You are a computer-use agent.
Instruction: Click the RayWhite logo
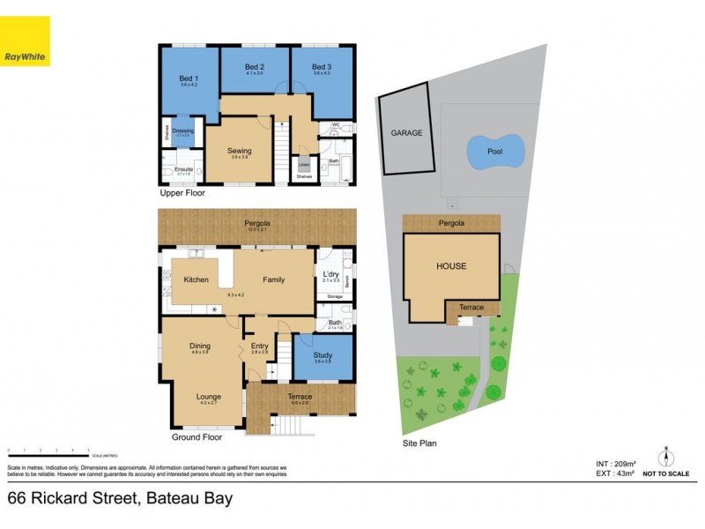pyautogui.click(x=25, y=41)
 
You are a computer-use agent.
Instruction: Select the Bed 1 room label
pyautogui.click(x=189, y=80)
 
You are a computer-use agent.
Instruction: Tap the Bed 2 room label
pyautogui.click(x=255, y=68)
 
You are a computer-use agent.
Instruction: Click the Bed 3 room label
pyautogui.click(x=323, y=68)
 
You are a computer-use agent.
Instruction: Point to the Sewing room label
pyautogui.click(x=239, y=151)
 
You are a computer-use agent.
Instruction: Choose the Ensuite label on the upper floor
pyautogui.click(x=183, y=169)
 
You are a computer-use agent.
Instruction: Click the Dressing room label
pyautogui.click(x=183, y=131)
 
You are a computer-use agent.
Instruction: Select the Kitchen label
pyautogui.click(x=195, y=279)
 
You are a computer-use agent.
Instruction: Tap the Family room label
pyautogui.click(x=274, y=279)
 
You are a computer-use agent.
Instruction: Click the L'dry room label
pyautogui.click(x=331, y=274)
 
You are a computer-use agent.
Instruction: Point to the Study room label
pyautogui.click(x=323, y=355)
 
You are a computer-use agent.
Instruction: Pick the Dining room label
pyautogui.click(x=200, y=346)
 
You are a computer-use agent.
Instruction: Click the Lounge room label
pyautogui.click(x=208, y=398)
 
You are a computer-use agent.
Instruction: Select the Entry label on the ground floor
pyautogui.click(x=259, y=346)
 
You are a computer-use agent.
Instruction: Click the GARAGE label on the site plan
pyautogui.click(x=406, y=133)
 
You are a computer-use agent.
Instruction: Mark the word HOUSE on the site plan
pyautogui.click(x=451, y=266)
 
